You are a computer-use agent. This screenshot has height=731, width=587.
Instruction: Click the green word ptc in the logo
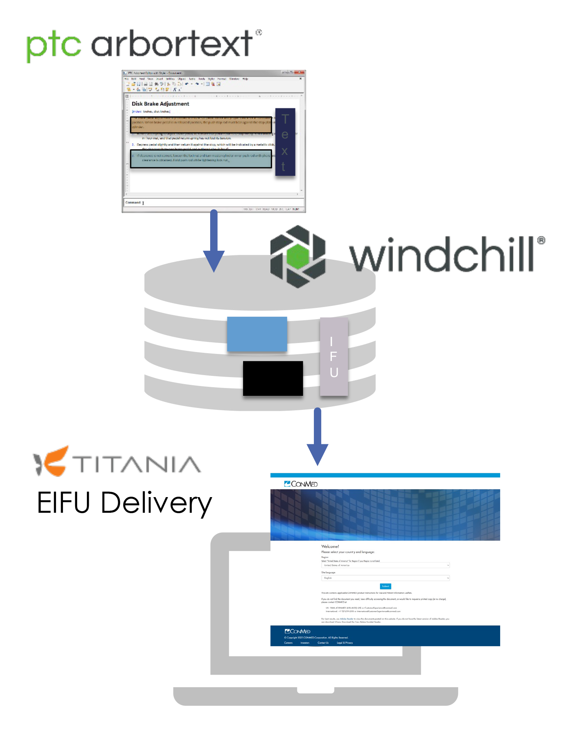click(x=54, y=46)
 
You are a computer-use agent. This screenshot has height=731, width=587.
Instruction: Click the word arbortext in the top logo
click(x=172, y=44)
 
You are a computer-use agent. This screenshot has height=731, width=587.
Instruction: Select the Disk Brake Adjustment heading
click(x=160, y=104)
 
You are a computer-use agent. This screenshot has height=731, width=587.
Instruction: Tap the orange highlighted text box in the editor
click(x=201, y=124)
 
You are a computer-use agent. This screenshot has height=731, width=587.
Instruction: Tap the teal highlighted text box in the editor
click(x=201, y=159)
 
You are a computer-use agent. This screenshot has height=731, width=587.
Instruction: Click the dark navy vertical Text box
click(x=285, y=142)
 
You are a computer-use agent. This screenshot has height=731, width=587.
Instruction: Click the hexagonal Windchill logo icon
click(x=298, y=257)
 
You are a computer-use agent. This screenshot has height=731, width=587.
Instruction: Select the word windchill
click(x=442, y=255)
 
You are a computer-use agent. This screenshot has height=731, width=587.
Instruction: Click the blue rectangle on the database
click(x=257, y=334)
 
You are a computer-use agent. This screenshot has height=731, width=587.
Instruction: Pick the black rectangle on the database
click(x=273, y=378)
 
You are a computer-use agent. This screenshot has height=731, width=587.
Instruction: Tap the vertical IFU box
click(x=334, y=356)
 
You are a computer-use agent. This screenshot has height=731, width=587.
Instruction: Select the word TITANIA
click(x=137, y=465)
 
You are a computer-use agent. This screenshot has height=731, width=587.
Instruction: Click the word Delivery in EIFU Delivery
click(x=156, y=503)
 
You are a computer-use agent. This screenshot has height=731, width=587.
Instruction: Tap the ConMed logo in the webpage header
click(x=301, y=484)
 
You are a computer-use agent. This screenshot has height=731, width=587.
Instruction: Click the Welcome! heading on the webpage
click(x=330, y=546)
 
